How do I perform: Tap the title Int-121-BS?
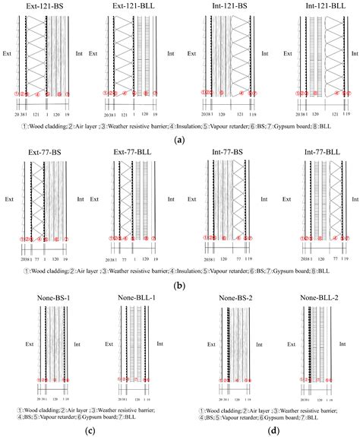tap(229, 5)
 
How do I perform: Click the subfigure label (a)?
tap(179, 139)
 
